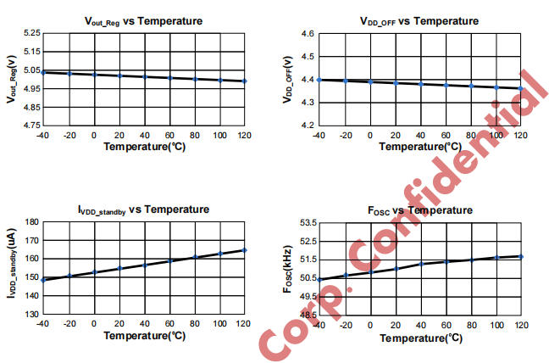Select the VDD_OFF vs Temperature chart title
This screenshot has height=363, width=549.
(x=419, y=20)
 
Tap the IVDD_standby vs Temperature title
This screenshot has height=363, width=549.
(x=144, y=209)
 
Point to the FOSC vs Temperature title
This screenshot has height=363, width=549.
(x=421, y=209)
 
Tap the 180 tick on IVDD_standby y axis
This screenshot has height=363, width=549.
(x=32, y=222)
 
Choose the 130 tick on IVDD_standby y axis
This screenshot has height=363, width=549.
(x=32, y=315)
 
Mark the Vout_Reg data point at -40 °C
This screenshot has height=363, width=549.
(x=43, y=72)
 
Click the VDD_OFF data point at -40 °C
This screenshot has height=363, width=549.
(x=319, y=80)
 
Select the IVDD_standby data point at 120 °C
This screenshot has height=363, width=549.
(x=245, y=250)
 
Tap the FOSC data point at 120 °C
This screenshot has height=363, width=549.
(x=521, y=256)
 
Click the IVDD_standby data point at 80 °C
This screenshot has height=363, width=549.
(x=195, y=257)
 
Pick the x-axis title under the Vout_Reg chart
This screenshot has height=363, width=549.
(x=144, y=146)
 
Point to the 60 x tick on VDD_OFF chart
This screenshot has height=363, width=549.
(x=445, y=136)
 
